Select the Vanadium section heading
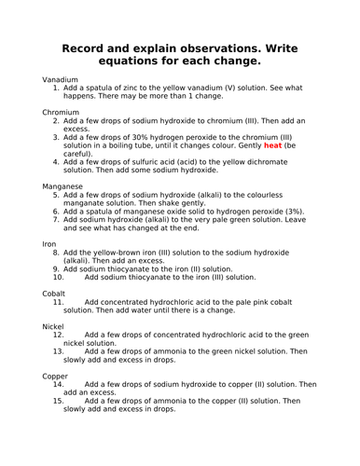61,79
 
